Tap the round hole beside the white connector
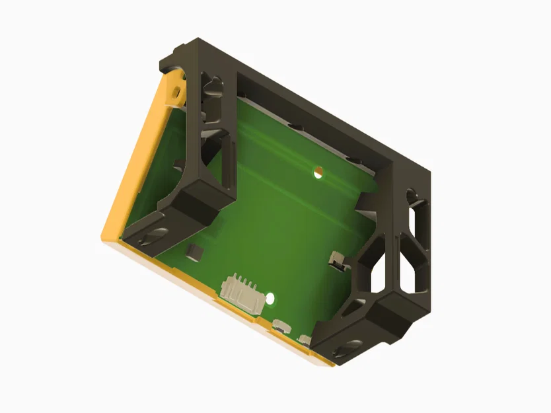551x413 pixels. click(x=270, y=299)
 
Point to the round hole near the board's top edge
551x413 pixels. click(x=318, y=172)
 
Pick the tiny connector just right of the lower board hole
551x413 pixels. click(x=280, y=324)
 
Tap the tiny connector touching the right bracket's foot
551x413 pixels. click(x=305, y=340)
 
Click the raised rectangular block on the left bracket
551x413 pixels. click(x=201, y=201)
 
